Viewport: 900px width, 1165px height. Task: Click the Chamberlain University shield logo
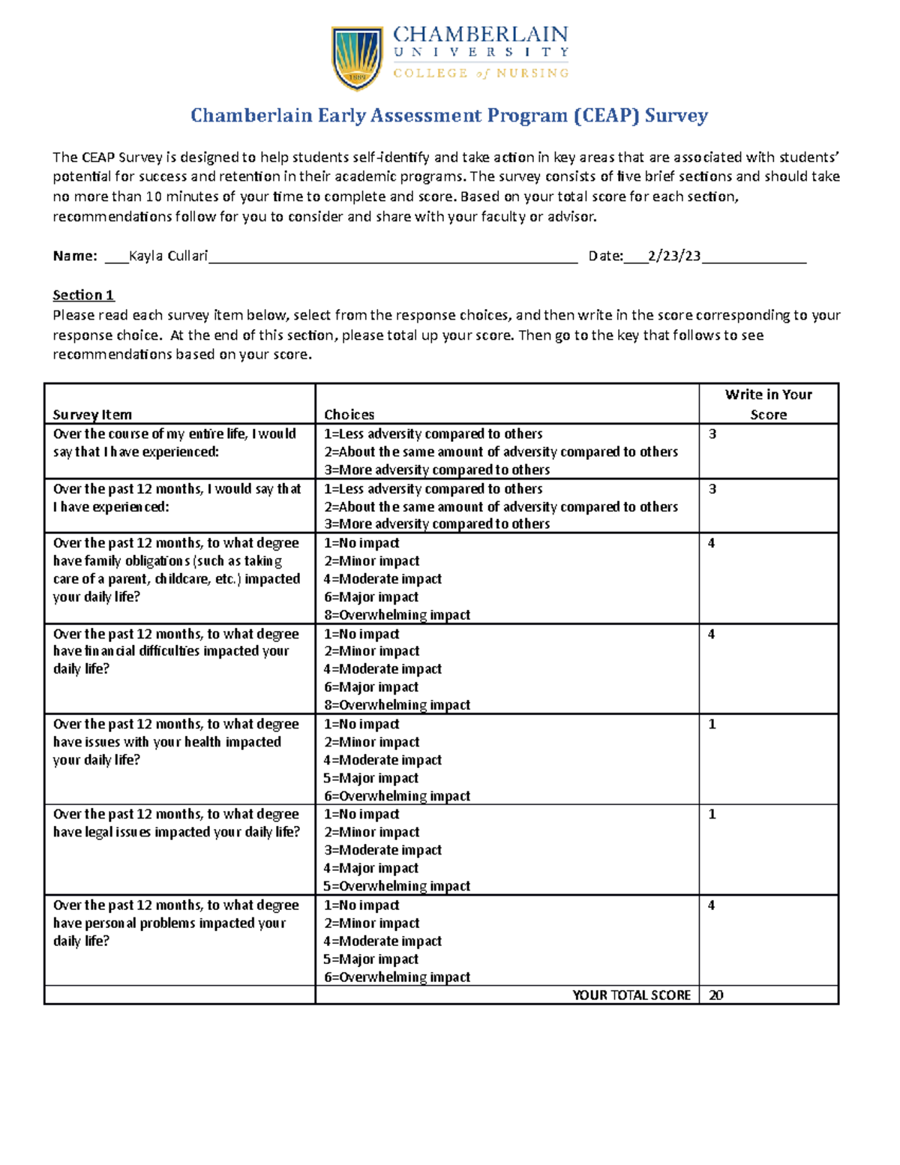click(x=357, y=59)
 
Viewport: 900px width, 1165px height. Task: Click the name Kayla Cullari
click(x=168, y=256)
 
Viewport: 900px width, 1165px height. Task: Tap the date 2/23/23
click(x=674, y=256)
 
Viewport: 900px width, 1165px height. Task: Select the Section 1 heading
click(x=83, y=295)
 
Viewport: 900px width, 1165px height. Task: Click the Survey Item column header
click(x=92, y=414)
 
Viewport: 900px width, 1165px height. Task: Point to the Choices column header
click(x=349, y=414)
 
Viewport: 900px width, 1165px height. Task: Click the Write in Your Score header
click(x=768, y=404)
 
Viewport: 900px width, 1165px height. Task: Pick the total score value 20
click(x=716, y=995)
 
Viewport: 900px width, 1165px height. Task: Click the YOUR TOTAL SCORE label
click(x=631, y=995)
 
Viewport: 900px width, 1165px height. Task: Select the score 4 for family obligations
click(x=711, y=543)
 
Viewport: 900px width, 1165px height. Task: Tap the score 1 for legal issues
click(x=712, y=814)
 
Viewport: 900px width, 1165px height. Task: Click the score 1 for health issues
click(x=712, y=724)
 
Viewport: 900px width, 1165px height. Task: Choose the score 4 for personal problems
click(x=711, y=905)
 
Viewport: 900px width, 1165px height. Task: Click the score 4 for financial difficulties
click(x=711, y=634)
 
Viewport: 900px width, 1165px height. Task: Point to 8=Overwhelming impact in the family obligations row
click(x=397, y=614)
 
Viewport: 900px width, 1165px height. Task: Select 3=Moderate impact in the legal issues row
click(x=382, y=850)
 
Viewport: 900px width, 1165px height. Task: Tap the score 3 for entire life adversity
click(x=712, y=434)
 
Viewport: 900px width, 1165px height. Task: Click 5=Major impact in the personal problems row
click(x=371, y=959)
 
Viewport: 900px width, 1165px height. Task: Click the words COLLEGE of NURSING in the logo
click(x=481, y=73)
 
